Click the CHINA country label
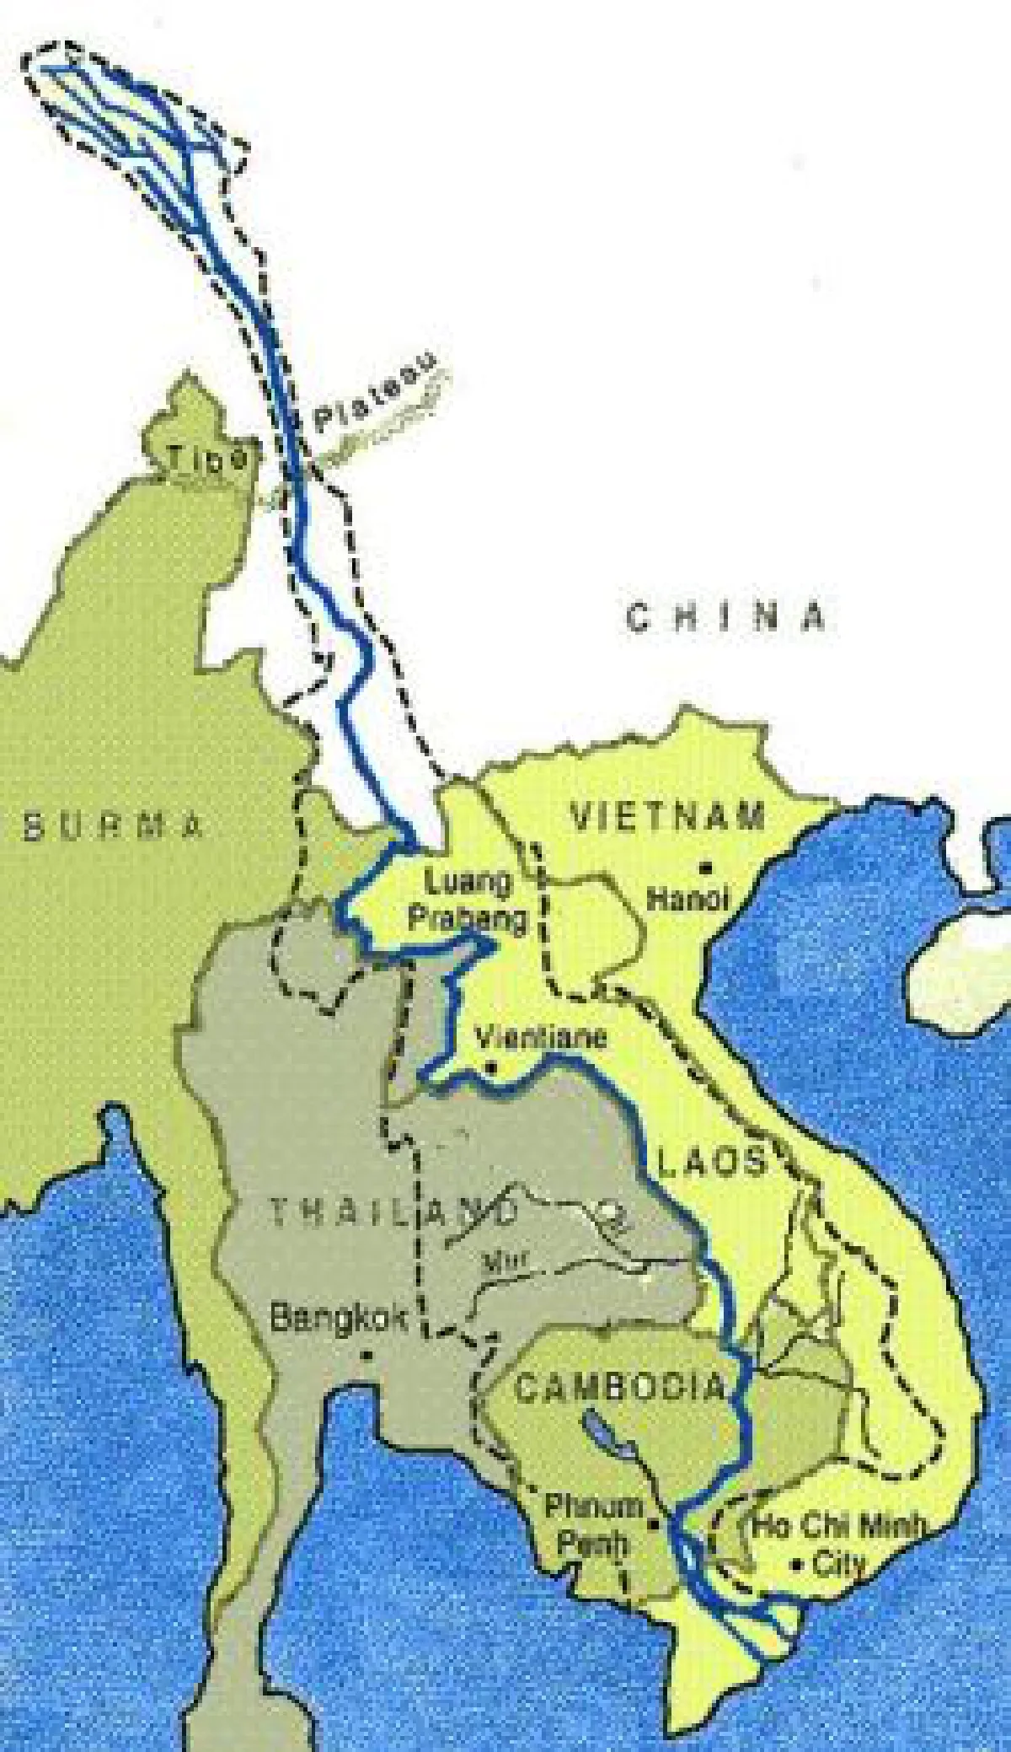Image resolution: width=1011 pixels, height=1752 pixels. coord(725,617)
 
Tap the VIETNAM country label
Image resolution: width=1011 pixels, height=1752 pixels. coord(668,817)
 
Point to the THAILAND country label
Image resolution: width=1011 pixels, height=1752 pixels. coord(393,1212)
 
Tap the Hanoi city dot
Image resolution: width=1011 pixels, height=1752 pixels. coord(706,866)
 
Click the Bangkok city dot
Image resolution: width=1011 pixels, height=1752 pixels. coord(366,1356)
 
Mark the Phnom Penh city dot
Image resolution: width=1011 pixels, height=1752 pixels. coord(653,1524)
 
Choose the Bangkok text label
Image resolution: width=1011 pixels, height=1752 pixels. coord(340,1319)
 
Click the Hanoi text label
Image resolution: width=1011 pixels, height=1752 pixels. coord(687,900)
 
